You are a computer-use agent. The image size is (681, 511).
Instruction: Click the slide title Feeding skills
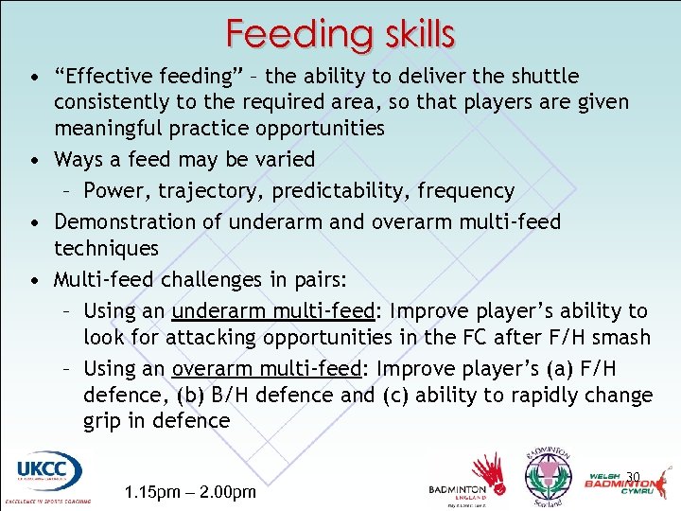coord(340,34)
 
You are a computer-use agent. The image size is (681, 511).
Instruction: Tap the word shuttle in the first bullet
coord(544,76)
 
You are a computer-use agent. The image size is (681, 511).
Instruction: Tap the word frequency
coord(466,190)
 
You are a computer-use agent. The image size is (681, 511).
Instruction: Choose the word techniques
coord(106,248)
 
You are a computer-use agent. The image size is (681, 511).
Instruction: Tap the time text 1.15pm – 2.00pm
coord(190,491)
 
